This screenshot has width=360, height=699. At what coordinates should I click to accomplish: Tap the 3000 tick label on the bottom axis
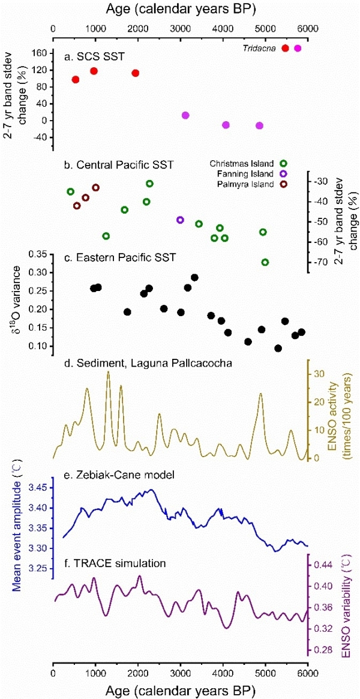pyautogui.click(x=181, y=671)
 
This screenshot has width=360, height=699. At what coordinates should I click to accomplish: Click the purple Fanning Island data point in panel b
pyautogui.click(x=180, y=220)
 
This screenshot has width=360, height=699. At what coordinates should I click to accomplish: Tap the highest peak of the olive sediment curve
pyautogui.click(x=108, y=371)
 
